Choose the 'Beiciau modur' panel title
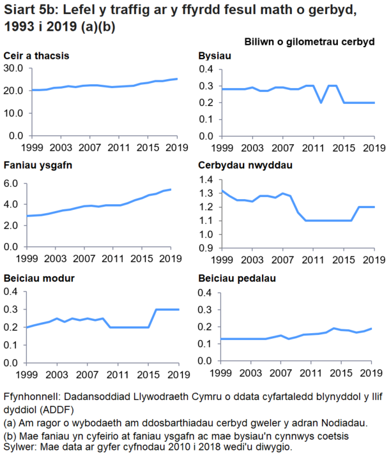click(40, 279)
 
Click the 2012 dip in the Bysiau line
click(321, 102)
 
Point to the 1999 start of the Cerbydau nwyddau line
click(222, 191)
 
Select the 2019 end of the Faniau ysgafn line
click(170, 189)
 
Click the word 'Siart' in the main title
click(19, 11)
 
